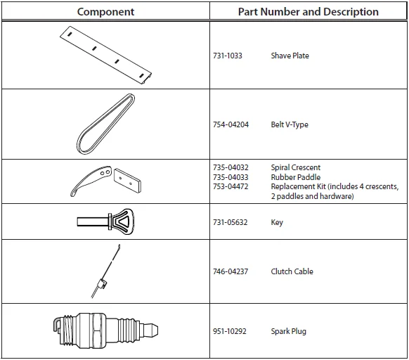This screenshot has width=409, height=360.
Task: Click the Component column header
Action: [x=105, y=12]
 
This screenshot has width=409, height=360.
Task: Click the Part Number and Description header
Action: [x=308, y=12]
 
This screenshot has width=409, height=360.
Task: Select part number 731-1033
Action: [x=228, y=56]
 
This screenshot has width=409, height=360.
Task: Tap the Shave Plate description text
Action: [x=290, y=56]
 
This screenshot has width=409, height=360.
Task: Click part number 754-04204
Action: [x=231, y=124]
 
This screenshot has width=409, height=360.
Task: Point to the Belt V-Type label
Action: [x=290, y=124]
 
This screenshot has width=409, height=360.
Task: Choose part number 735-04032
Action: [x=231, y=167]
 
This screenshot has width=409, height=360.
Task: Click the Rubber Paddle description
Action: [x=296, y=177]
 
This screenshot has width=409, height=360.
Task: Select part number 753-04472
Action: [x=231, y=186]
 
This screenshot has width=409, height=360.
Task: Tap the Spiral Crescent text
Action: [x=296, y=167]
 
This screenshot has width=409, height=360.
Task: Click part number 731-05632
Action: [x=230, y=222]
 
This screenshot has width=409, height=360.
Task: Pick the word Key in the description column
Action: [x=277, y=223]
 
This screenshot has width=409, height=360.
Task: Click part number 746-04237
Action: [x=231, y=271]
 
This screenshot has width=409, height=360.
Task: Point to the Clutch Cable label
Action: [x=292, y=271]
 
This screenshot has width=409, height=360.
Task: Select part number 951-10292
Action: [x=230, y=331]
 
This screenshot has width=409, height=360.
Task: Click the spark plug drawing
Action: [x=105, y=330]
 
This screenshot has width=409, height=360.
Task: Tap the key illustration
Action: [x=105, y=221]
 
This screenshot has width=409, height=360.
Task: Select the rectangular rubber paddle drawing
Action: [x=127, y=181]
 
